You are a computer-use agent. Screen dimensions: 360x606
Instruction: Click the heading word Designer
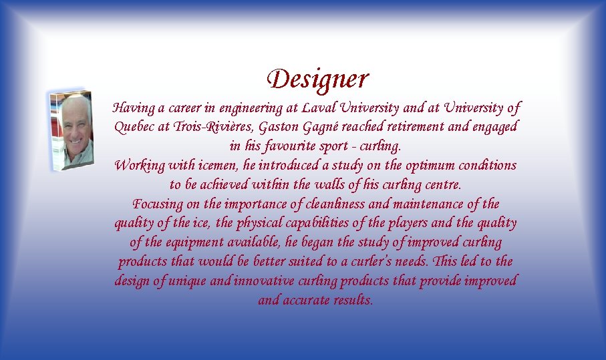[x=317, y=79]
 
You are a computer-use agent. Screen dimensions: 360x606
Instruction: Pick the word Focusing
[x=158, y=204]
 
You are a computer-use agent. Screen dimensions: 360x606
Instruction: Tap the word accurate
[x=309, y=301]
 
